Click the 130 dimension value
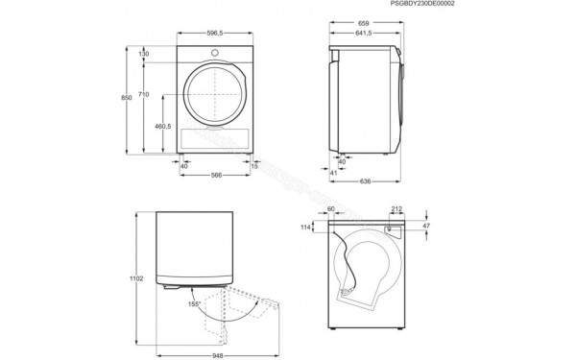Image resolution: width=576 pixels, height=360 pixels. point(144,55)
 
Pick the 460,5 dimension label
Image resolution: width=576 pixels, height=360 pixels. point(162,126)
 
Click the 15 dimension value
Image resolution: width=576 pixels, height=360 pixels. point(253,164)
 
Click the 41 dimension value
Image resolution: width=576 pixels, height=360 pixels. point(333,174)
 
